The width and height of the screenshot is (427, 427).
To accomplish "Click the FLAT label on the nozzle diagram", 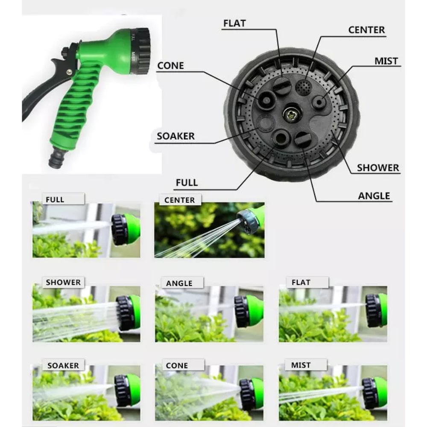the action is click(234, 23).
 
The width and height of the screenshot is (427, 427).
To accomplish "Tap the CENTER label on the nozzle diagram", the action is click(366, 30).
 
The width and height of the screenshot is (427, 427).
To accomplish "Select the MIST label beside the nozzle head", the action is click(386, 61).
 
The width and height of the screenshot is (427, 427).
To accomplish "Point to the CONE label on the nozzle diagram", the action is click(170, 66).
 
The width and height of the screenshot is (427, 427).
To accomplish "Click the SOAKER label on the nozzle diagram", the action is click(175, 136).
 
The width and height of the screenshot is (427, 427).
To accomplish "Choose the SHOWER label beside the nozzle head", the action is click(378, 168).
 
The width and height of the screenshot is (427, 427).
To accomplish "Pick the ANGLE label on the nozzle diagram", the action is click(374, 196).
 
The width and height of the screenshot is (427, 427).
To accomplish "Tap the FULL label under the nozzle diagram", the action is click(187, 182).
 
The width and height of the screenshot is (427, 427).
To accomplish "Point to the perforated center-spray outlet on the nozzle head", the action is click(303, 87).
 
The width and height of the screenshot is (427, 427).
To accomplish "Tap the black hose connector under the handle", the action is click(57, 158).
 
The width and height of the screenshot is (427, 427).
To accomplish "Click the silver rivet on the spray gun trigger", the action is click(69, 72).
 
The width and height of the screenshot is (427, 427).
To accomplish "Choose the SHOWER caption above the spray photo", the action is click(63, 282).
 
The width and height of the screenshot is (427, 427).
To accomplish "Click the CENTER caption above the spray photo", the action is click(179, 200).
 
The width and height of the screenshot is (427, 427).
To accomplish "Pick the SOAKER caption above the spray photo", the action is click(63, 366).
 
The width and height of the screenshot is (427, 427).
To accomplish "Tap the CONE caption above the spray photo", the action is click(177, 366).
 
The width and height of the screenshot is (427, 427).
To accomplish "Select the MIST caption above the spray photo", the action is click(301, 365).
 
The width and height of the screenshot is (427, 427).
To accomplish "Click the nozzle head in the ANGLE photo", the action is click(249, 311).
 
